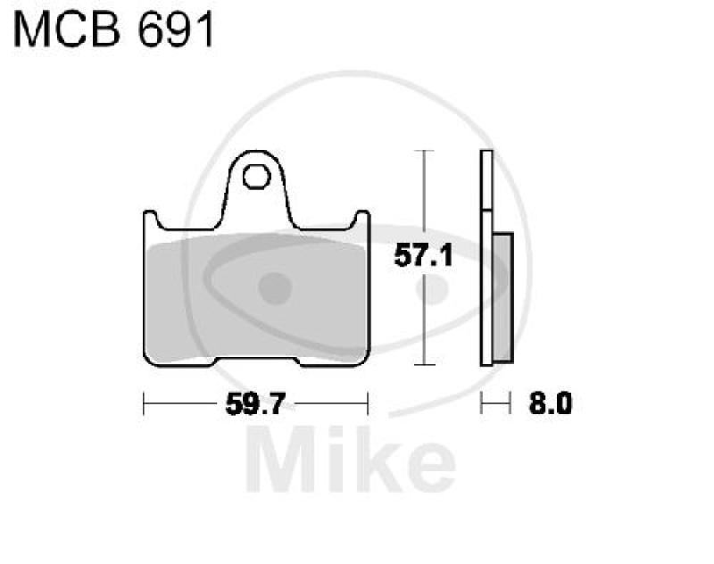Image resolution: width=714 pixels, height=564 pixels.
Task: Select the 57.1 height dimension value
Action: pos(423,258)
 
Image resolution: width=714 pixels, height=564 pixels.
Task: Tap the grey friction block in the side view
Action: pos(502,296)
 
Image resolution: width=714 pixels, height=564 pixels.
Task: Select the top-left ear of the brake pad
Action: pos(151,221)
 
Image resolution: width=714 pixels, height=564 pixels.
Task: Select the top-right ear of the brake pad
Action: pos(361,221)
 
